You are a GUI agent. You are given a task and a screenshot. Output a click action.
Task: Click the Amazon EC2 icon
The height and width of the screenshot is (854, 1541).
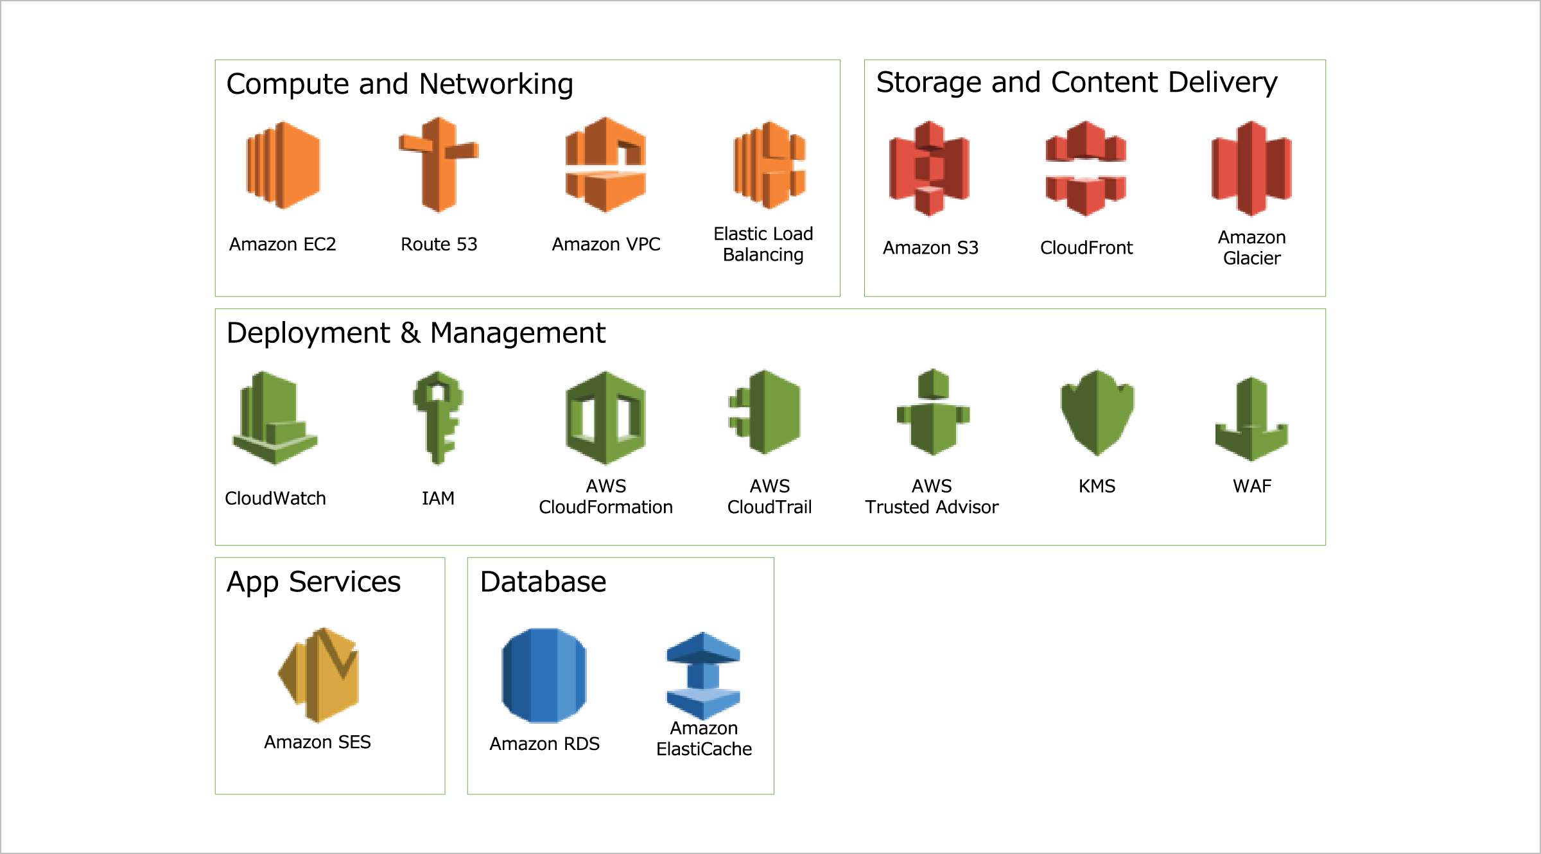(x=283, y=165)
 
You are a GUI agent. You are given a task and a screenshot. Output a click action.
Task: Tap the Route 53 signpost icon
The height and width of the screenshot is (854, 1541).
(x=439, y=165)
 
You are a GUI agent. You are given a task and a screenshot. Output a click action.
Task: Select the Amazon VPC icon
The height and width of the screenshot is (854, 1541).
(x=605, y=165)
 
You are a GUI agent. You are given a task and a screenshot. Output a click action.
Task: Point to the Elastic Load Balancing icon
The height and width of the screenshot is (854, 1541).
(x=769, y=165)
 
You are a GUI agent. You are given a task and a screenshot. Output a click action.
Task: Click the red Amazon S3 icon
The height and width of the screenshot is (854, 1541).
(x=929, y=168)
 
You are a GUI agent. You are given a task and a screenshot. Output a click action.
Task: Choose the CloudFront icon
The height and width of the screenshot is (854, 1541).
(x=1086, y=168)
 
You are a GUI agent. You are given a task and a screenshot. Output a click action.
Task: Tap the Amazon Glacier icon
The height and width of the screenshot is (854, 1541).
(x=1251, y=168)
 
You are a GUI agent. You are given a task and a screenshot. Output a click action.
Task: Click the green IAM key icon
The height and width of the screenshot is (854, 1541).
(x=438, y=417)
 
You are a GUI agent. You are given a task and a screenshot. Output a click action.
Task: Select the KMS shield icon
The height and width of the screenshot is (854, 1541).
(x=1097, y=413)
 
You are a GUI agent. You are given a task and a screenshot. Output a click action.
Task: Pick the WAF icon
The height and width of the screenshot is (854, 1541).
(x=1251, y=419)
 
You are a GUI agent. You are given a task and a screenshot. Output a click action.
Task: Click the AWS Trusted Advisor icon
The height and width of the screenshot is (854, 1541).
(x=933, y=413)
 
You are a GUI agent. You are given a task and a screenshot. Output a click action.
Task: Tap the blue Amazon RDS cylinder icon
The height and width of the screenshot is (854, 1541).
(x=544, y=675)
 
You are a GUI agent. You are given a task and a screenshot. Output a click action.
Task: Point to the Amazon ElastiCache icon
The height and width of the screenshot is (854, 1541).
(x=704, y=675)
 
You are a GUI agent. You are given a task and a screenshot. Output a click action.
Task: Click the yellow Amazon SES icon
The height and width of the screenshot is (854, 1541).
(x=319, y=675)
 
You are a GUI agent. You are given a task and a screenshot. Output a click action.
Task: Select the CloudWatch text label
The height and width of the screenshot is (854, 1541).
(x=275, y=498)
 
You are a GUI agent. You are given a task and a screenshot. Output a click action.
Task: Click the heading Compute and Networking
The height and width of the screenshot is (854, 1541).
(x=399, y=84)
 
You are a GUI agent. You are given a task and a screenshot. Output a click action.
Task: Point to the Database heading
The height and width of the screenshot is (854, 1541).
(x=543, y=582)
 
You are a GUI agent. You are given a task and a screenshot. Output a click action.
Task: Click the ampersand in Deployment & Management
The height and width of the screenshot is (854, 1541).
(x=410, y=333)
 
